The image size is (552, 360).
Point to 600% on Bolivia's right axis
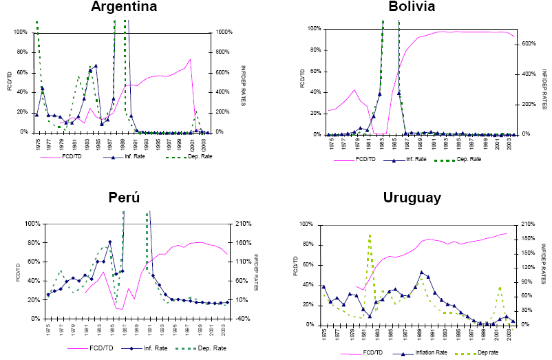coord(525,43)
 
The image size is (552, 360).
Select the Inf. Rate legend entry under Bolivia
coord(415,159)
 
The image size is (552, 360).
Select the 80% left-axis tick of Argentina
coord(21,52)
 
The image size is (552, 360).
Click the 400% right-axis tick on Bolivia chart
coord(525,74)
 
